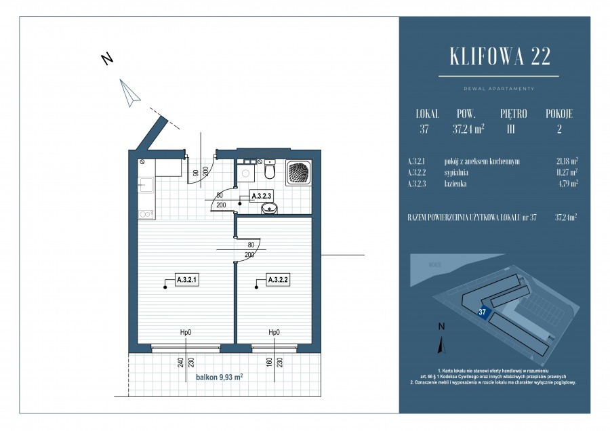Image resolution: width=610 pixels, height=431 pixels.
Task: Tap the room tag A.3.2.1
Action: [186, 279]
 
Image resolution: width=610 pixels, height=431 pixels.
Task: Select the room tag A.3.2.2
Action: [278, 279]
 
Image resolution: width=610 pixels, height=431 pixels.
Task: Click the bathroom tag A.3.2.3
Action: [261, 196]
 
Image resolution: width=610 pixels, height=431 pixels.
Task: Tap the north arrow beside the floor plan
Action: [129, 91]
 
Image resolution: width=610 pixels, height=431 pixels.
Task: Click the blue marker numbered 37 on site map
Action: [483, 312]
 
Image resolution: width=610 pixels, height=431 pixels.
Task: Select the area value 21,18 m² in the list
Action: [566, 161]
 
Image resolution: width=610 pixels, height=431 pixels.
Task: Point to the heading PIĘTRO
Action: [513, 114]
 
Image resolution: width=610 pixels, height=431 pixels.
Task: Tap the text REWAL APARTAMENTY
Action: [498, 89]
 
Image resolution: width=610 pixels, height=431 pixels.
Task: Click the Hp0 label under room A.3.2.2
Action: [274, 333]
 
